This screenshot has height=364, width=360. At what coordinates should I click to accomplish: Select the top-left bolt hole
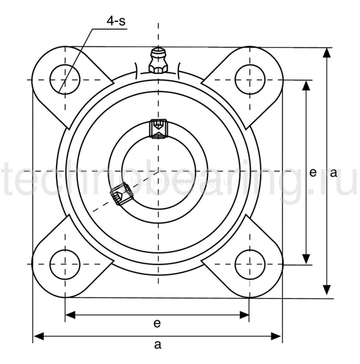tap(65, 80)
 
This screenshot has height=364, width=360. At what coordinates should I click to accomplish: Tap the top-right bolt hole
tap(249, 80)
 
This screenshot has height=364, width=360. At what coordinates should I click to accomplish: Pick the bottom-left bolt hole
tap(65, 264)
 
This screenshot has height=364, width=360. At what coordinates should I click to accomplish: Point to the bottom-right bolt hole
tap(249, 264)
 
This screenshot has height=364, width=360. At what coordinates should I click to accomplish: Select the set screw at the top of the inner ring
tap(157, 128)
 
